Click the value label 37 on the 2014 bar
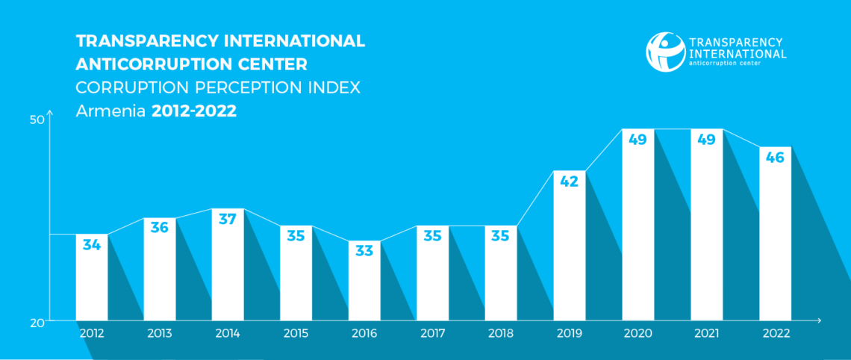(228, 220)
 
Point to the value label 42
(569, 181)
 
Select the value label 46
(775, 158)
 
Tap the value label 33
(364, 251)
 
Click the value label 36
(160, 228)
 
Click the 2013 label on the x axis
(160, 334)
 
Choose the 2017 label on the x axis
(432, 334)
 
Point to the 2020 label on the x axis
(638, 334)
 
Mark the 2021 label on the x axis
(706, 334)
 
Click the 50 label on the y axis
(37, 120)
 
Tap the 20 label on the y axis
(37, 323)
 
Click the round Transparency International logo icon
(665, 52)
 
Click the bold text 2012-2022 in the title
(194, 112)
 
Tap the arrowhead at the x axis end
(819, 321)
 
